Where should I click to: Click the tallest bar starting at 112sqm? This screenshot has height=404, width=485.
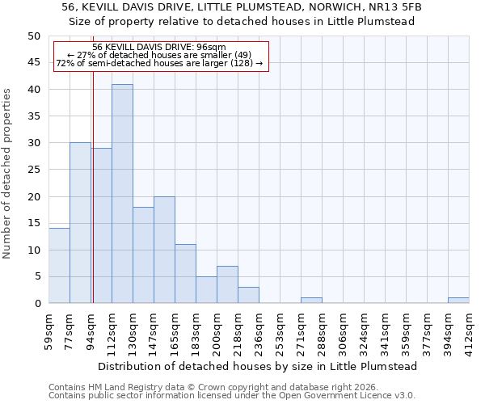122,194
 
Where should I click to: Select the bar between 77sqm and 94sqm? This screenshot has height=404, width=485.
80,223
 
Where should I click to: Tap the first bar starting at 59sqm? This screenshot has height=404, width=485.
59,266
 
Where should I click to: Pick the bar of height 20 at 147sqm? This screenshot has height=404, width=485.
164,250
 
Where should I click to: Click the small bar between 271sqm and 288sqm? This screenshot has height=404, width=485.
311,301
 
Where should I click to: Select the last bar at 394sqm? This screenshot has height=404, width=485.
458,301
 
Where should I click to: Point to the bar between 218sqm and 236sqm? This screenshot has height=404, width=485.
248,295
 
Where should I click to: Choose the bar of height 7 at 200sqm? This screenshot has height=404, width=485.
227,284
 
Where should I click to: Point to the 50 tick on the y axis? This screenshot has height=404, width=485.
33,36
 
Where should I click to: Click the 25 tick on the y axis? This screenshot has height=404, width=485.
33,170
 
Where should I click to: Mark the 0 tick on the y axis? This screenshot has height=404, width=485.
36,304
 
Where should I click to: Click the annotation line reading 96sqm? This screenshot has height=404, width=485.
160,48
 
